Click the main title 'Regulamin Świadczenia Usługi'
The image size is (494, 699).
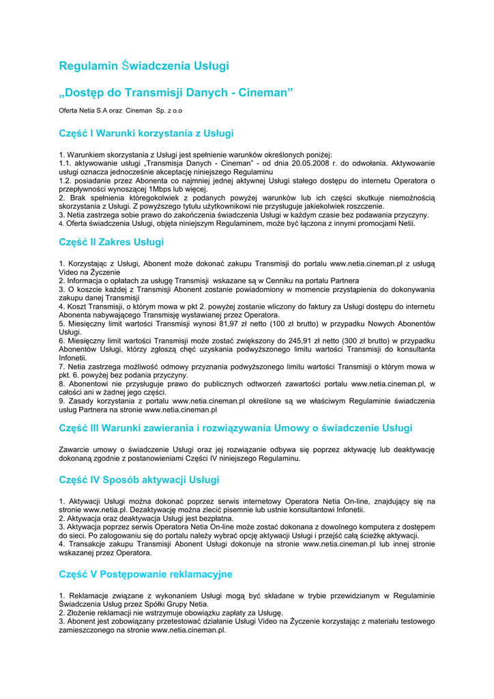pos(144,66)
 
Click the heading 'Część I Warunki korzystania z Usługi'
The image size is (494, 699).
pos(146,133)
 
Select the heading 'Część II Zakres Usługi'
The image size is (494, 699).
pos(111,242)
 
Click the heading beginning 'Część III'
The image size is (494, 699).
pos(235,428)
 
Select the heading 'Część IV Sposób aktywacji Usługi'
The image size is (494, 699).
pos(139,480)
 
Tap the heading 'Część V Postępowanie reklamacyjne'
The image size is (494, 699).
pos(145,574)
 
